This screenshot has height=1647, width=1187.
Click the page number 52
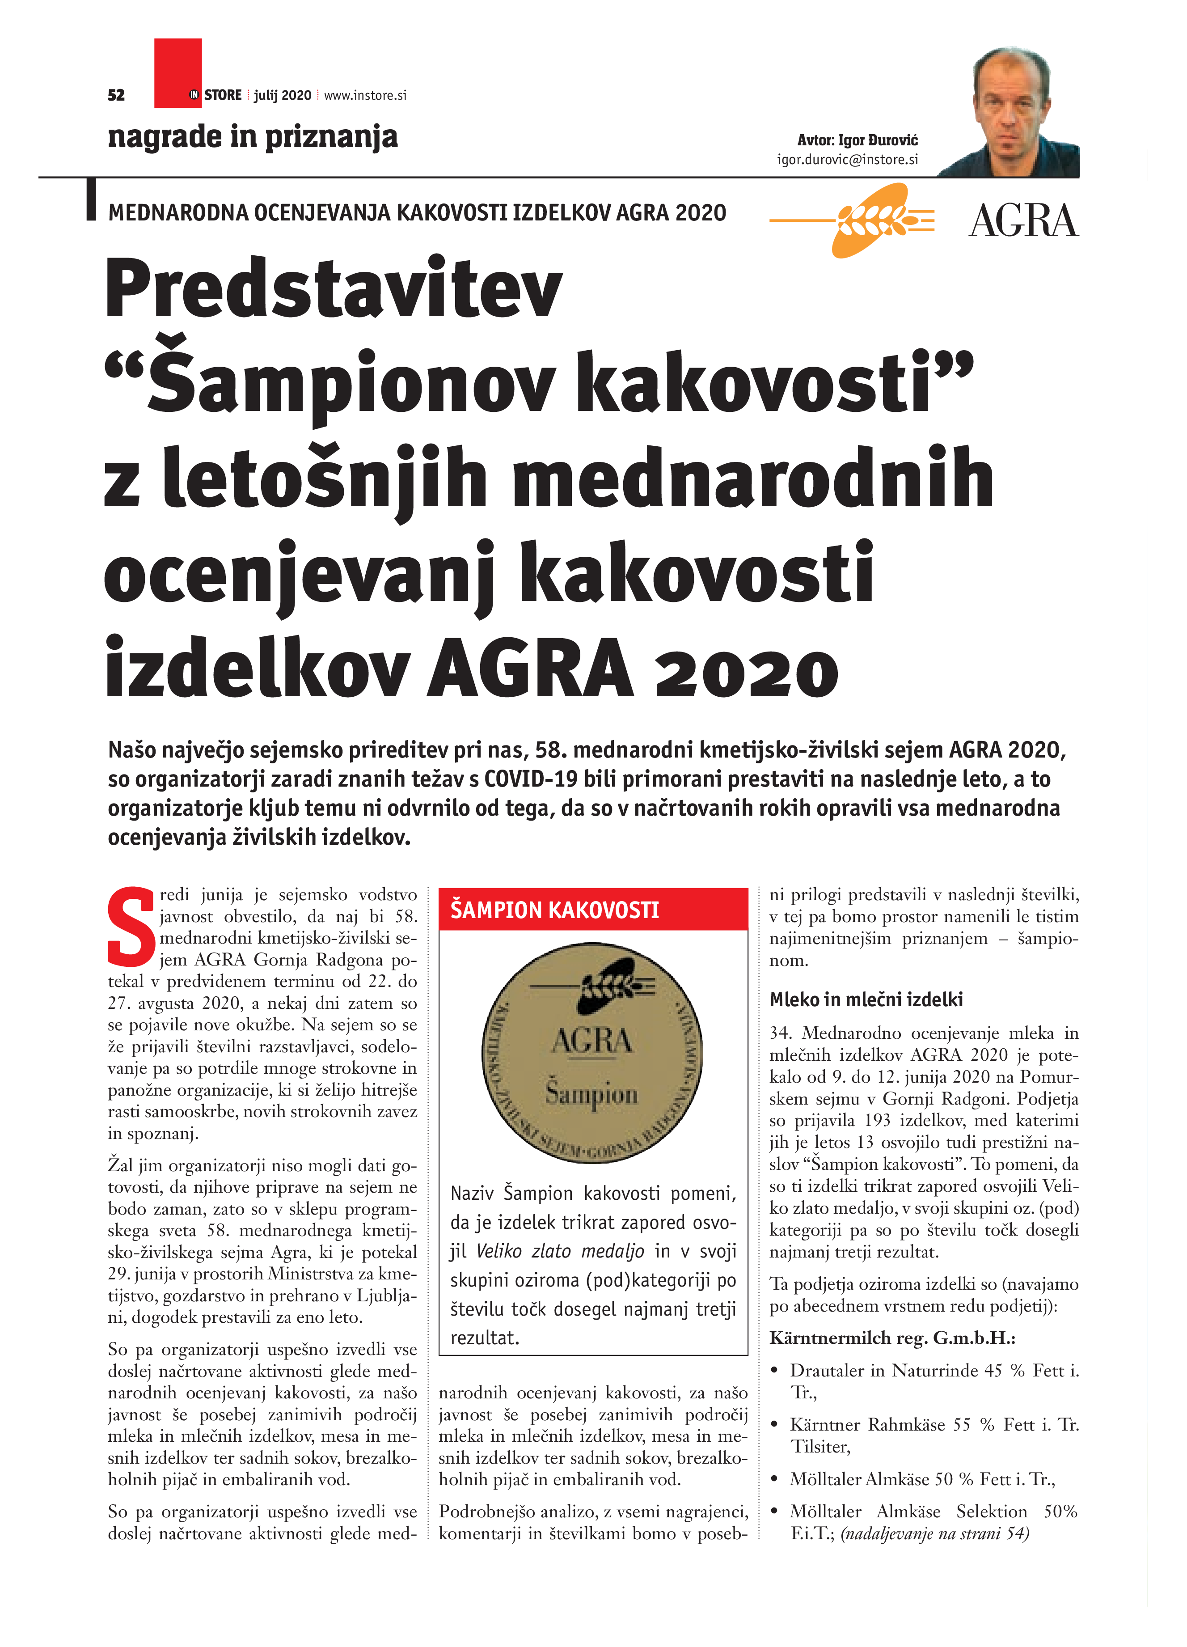tap(116, 95)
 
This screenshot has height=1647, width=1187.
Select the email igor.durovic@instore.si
tap(847, 159)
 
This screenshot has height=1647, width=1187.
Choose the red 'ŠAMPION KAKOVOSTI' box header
tap(592, 909)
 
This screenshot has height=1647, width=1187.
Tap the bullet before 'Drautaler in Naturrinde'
tap(775, 1371)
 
